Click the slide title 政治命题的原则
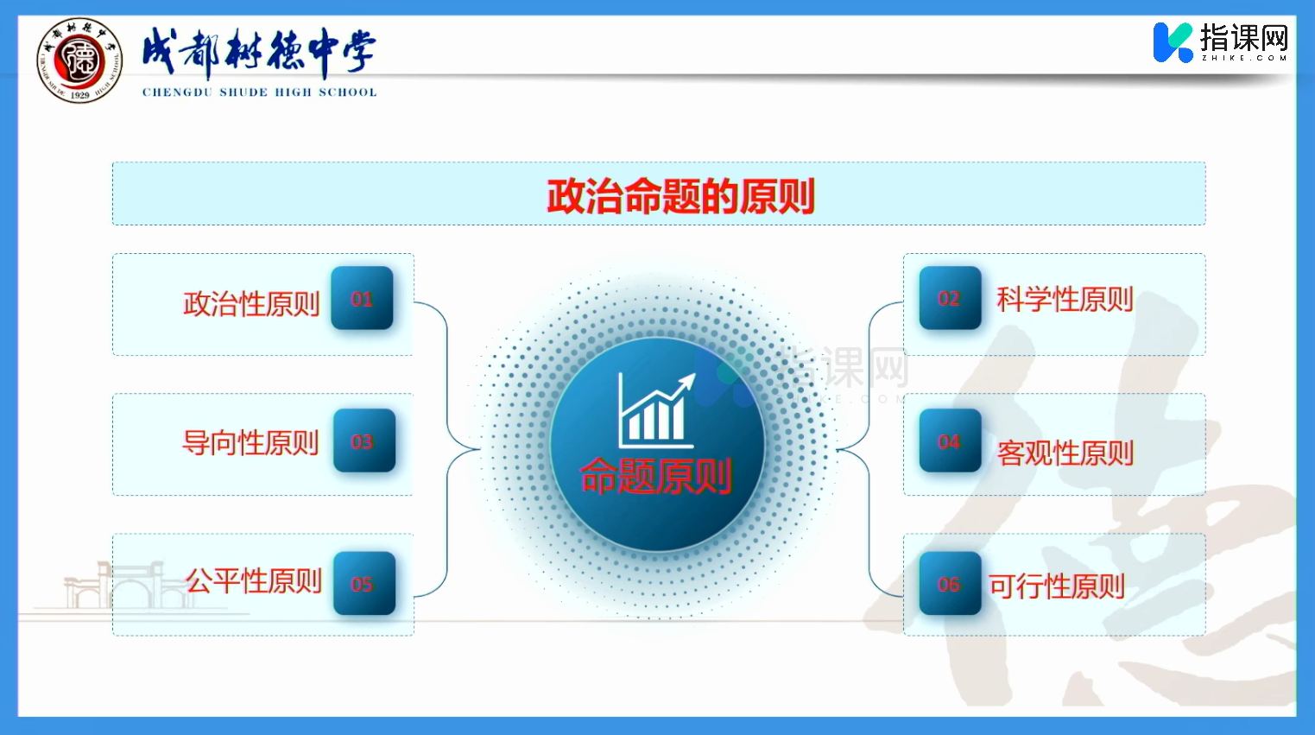[680, 196]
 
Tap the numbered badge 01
[363, 298]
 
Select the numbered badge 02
[951, 298]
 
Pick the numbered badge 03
[364, 440]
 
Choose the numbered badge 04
[951, 440]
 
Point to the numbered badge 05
[364, 584]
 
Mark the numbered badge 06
[951, 584]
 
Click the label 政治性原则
[251, 303]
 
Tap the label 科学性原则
[1065, 300]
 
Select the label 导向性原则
[250, 443]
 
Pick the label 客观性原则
[1065, 453]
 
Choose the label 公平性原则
[254, 581]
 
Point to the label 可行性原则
[1057, 586]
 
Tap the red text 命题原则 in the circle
[655, 476]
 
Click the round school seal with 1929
[79, 60]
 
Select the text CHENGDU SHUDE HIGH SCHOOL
[260, 92]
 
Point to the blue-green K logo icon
[1173, 42]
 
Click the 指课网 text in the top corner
[1244, 38]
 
